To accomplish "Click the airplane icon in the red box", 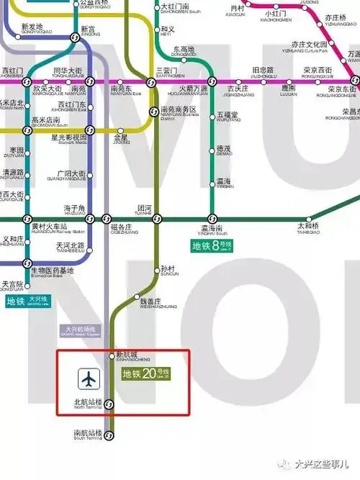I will click(x=89, y=376).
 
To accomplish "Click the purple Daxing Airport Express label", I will click(x=81, y=330).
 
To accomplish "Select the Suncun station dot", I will click(x=158, y=271).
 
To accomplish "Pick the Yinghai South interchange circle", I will click(x=212, y=219).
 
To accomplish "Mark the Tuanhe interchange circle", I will click(x=158, y=219).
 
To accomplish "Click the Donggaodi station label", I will click(x=184, y=52).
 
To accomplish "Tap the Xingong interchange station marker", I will click(x=76, y=38).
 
